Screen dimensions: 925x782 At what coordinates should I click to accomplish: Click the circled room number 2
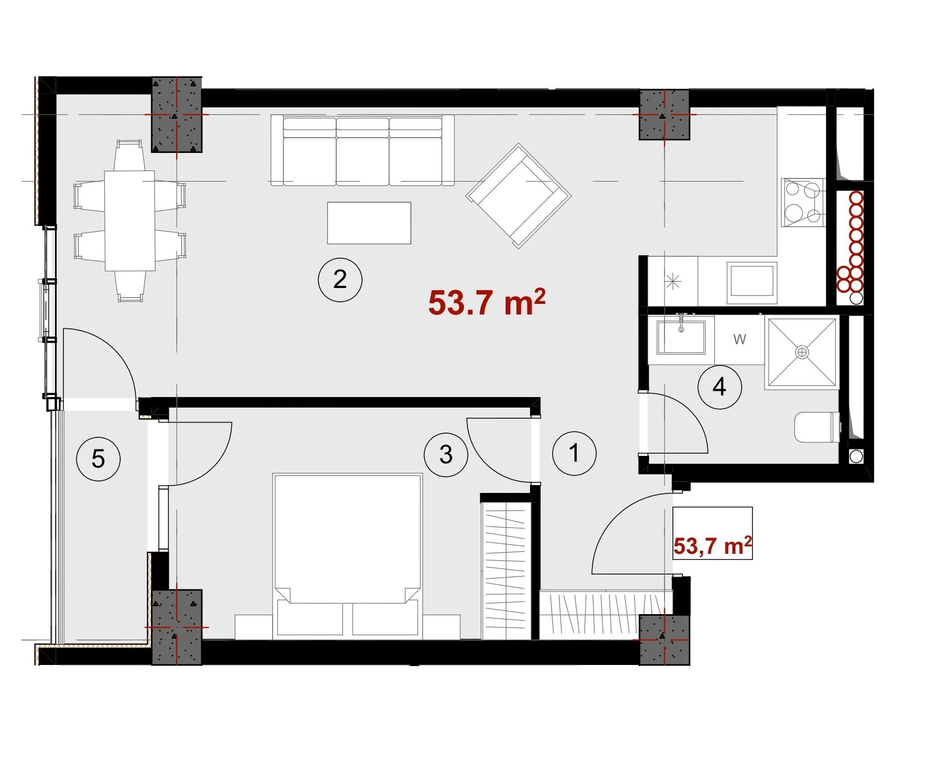(x=340, y=280)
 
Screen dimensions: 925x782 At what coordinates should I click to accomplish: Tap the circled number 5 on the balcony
(x=98, y=459)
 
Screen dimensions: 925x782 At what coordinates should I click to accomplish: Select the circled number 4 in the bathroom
(x=720, y=387)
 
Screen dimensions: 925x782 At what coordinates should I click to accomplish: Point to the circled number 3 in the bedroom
(x=446, y=454)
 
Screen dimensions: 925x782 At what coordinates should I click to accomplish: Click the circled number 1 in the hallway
(x=574, y=453)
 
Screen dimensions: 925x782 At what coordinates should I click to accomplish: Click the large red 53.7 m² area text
(x=487, y=302)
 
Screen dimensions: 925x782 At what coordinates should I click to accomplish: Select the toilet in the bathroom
(x=817, y=427)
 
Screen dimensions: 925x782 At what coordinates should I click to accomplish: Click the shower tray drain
(x=803, y=352)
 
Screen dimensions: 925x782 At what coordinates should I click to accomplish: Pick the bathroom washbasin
(x=681, y=337)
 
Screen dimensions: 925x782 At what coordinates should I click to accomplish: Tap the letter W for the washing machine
(x=740, y=339)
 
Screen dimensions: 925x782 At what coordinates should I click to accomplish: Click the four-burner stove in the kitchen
(x=803, y=202)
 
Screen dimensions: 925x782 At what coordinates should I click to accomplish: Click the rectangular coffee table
(x=369, y=222)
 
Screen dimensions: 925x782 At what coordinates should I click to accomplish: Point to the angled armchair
(x=518, y=196)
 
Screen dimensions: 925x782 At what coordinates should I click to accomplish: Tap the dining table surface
(x=130, y=220)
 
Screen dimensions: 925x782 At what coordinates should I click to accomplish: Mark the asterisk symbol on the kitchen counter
(x=672, y=282)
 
